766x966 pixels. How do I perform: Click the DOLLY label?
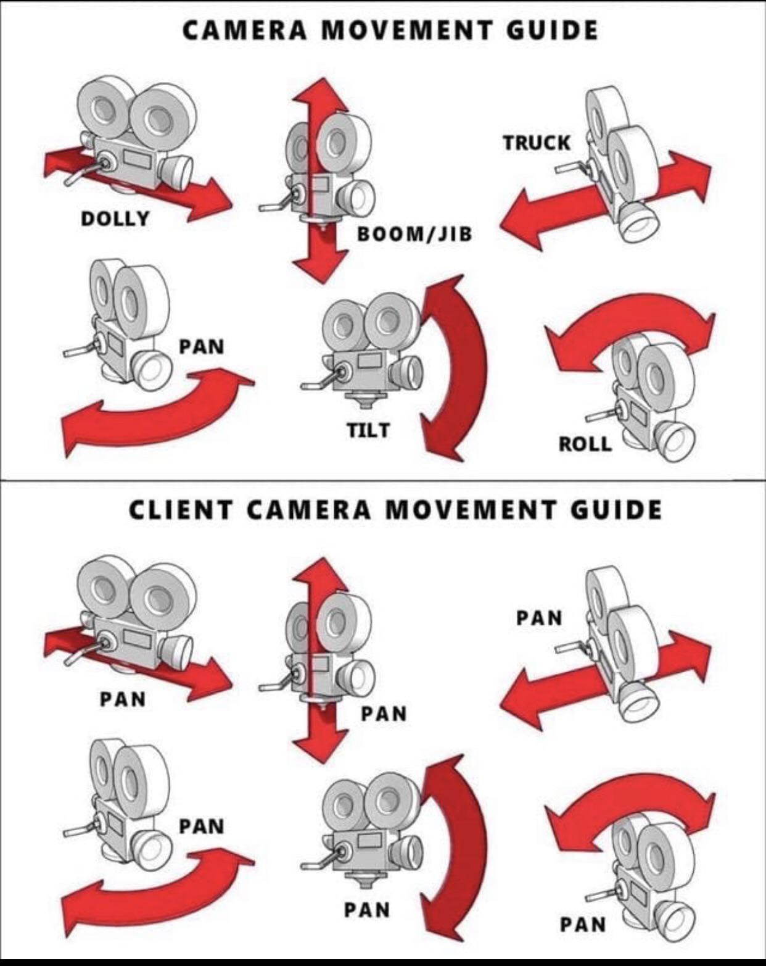point(115,219)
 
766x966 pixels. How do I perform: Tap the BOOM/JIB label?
point(414,234)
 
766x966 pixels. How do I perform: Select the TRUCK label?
point(537,143)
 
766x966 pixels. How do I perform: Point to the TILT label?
point(368,430)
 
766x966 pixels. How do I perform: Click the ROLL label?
point(585,444)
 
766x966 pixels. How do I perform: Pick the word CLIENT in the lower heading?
point(181,510)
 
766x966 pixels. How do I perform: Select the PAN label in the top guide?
point(202,346)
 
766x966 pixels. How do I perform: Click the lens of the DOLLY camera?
point(178,171)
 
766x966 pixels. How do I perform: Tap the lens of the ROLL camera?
point(678,441)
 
